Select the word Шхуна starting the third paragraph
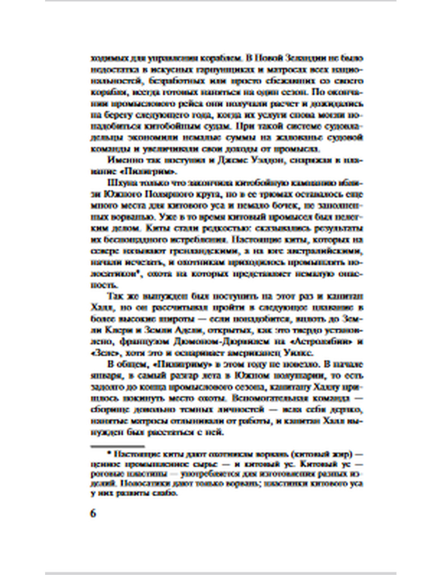119,183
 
